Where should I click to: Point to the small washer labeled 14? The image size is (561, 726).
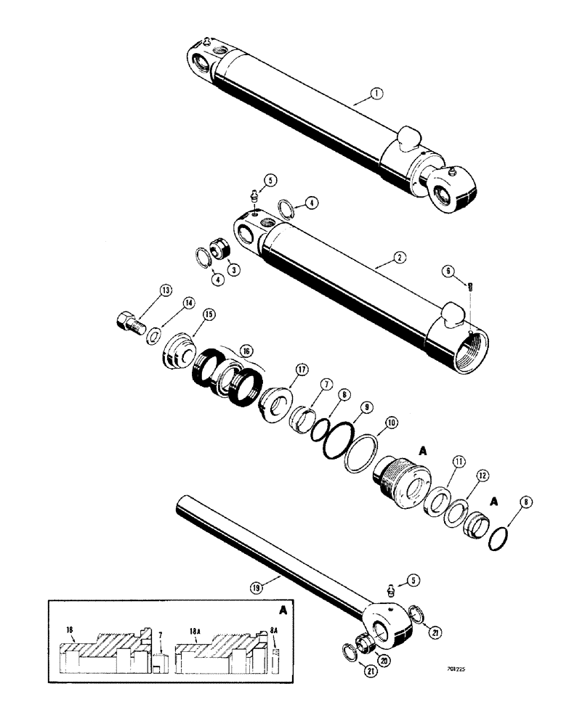pos(154,338)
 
